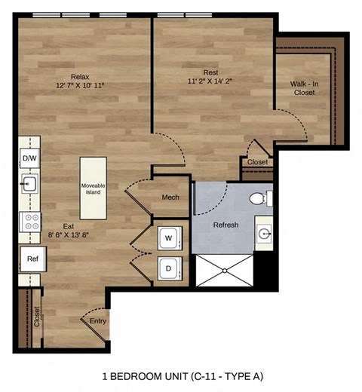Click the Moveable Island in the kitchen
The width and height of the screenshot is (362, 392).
pos(93,188)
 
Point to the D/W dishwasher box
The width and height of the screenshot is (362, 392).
pos(29,158)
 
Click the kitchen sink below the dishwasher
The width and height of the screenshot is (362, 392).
pos(29,184)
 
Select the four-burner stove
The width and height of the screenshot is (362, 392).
pos(31,222)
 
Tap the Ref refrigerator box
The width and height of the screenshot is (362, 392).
pos(32,259)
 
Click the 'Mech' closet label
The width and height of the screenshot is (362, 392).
pos(170,198)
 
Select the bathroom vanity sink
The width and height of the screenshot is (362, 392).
pos(264,234)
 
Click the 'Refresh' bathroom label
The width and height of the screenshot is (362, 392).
pos(225,225)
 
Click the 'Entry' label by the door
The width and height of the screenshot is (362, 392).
pos(98,321)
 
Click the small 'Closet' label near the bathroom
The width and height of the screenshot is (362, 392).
pos(257,162)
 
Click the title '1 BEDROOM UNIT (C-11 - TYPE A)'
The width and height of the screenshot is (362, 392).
pos(181,375)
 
